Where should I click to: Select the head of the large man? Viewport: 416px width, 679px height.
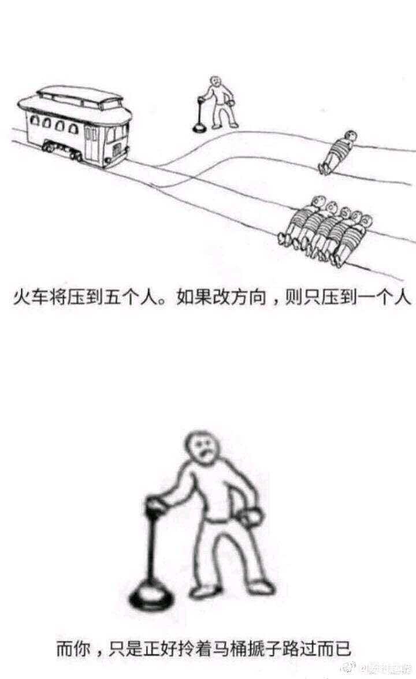coord(202,448)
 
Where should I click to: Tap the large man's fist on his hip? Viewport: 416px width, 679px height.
coord(253,515)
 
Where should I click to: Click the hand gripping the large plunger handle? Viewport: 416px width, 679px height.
coord(155,508)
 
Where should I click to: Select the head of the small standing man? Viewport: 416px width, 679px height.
coord(216,81)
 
